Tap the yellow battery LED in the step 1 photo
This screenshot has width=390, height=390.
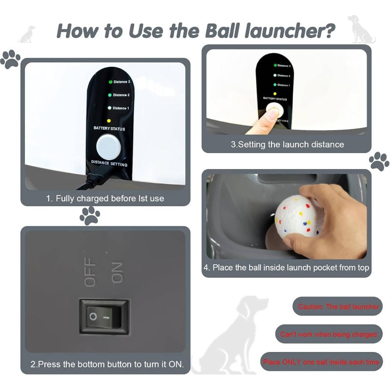tap(109, 120)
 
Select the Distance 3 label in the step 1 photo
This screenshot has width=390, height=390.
tap(121, 82)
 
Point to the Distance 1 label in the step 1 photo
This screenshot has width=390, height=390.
tap(121, 108)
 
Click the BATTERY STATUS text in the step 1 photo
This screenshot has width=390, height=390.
tap(109, 129)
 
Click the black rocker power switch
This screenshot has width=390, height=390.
tap(104, 316)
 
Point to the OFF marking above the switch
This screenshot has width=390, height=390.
tap(91, 274)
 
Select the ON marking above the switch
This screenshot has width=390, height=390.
tap(117, 273)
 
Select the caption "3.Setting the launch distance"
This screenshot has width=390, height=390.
tap(287, 144)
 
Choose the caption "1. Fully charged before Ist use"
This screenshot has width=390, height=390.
tap(105, 198)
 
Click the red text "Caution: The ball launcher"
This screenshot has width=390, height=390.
tap(338, 307)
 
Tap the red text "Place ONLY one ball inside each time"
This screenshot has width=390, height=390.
tap(321, 362)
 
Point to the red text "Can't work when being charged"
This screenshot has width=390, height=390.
tap(329, 334)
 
